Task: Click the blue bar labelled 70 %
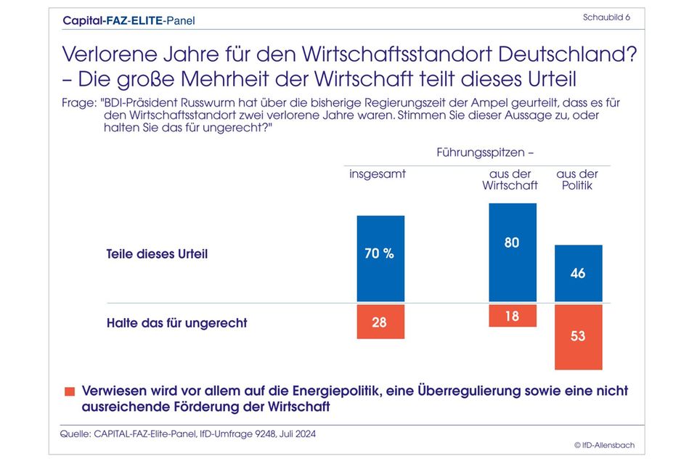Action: (x=380, y=259)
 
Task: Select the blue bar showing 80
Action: (x=512, y=252)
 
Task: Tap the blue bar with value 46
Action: (x=578, y=274)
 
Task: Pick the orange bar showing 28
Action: (x=380, y=322)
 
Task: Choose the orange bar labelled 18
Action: (x=512, y=316)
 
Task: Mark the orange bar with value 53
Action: (x=578, y=337)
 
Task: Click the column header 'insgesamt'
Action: (x=378, y=174)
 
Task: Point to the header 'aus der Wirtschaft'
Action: (x=510, y=179)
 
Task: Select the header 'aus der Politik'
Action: (x=576, y=179)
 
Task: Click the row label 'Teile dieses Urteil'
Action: (x=157, y=255)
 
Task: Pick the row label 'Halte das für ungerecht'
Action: (x=176, y=322)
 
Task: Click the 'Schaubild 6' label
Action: (x=606, y=17)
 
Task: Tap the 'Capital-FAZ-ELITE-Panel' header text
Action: (x=129, y=20)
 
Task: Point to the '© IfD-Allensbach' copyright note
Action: (x=604, y=444)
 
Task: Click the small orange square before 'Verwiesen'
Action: (x=70, y=391)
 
